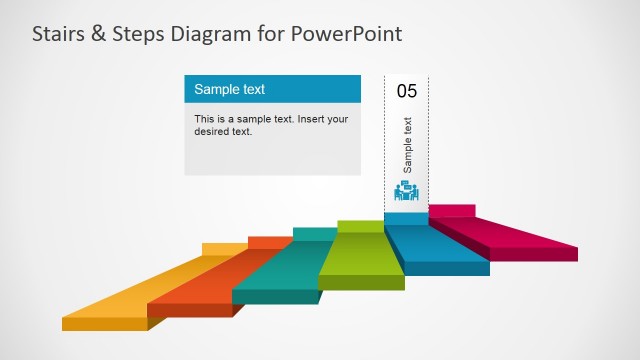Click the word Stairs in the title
pyautogui.click(x=57, y=34)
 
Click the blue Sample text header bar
pyautogui.click(x=272, y=89)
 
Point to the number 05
pyautogui.click(x=407, y=91)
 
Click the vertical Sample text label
pyautogui.click(x=407, y=146)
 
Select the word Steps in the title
pyautogui.click(x=138, y=34)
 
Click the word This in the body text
pyautogui.click(x=204, y=119)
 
